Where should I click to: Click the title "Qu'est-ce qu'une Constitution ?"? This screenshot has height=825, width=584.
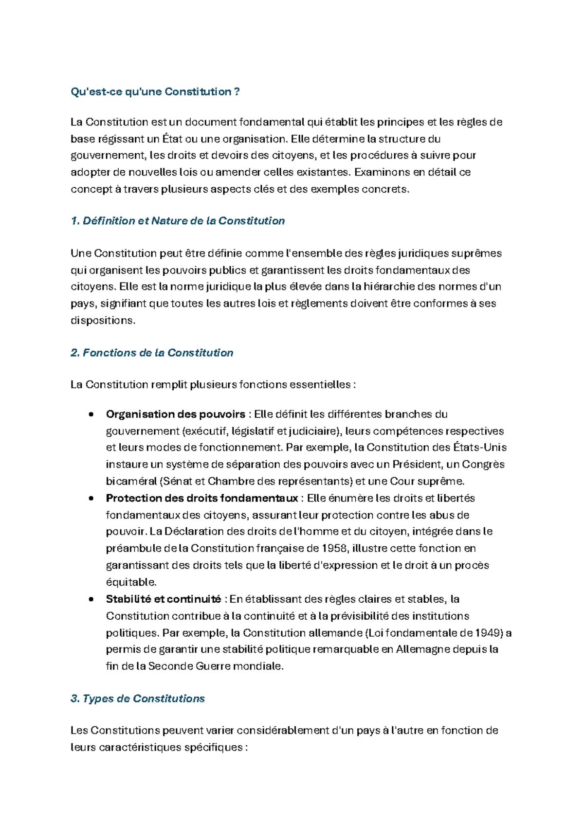(155, 92)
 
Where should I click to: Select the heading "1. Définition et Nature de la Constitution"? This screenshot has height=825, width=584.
(178, 221)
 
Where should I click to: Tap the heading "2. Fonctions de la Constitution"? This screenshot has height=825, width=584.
(152, 353)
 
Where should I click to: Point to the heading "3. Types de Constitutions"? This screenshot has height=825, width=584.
(138, 699)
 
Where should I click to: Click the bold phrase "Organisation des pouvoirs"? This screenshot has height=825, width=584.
(176, 414)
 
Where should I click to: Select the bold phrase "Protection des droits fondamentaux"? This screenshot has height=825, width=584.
(202, 498)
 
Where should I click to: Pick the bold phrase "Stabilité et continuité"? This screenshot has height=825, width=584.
(164, 599)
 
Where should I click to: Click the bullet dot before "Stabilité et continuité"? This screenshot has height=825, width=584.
(91, 599)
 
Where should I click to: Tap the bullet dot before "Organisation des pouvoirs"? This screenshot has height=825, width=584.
(91, 415)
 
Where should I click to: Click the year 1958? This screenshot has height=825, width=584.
(334, 548)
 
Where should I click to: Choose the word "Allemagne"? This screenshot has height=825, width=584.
(423, 649)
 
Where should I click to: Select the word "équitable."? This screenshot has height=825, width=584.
(131, 582)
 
